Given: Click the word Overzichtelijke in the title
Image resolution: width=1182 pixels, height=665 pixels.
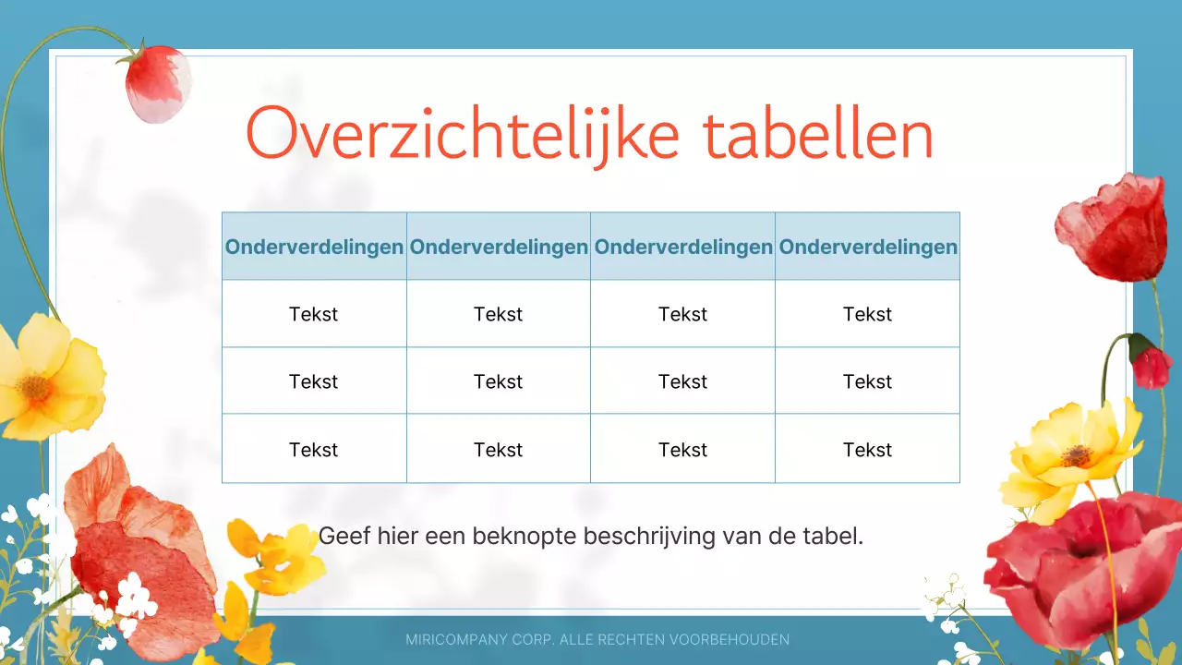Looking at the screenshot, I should point(463,136).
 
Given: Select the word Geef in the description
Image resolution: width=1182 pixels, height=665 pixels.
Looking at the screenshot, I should point(343,536).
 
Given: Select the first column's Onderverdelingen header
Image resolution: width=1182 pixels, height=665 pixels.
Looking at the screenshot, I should point(314,248).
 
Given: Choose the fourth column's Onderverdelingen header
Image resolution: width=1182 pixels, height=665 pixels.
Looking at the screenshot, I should point(868,248).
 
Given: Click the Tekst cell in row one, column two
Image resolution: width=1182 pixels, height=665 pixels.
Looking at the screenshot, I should point(499,315).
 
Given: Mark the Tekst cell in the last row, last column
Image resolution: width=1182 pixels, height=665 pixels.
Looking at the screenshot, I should point(868,450).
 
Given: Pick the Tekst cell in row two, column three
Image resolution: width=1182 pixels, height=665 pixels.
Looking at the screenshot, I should point(683,382).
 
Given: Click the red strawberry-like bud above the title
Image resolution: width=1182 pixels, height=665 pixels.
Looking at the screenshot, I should point(157,83).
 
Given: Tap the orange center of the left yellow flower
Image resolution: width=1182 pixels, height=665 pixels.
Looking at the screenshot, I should point(35,387).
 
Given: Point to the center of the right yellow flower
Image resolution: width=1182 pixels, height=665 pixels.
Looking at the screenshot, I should point(1077,455).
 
